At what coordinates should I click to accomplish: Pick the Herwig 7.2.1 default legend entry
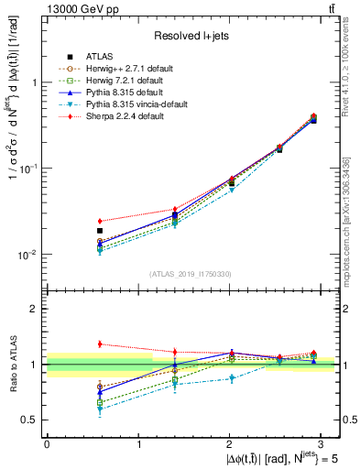pos(125,80)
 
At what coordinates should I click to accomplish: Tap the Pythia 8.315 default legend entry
pos(123,92)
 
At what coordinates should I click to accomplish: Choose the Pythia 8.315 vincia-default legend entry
pos(134,104)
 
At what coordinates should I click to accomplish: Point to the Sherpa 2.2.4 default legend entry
pos(123,117)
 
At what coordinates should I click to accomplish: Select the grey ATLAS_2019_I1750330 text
pos(190,274)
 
